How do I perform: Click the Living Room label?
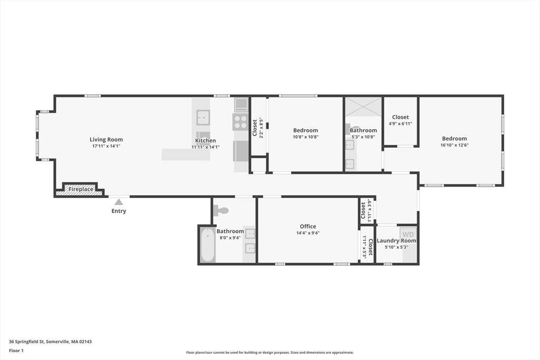(x=106, y=140)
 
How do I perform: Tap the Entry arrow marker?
(x=119, y=201)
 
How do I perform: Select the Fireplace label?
(x=81, y=189)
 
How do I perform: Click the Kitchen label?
(x=205, y=141)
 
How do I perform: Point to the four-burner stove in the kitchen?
(x=240, y=122)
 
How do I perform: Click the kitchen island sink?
(x=203, y=116)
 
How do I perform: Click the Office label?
(x=307, y=227)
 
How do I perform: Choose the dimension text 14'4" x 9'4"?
(x=307, y=233)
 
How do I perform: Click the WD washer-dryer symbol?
(x=408, y=234)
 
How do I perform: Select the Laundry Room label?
(x=396, y=241)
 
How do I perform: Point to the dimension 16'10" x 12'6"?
(x=454, y=145)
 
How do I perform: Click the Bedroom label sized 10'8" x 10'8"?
(x=305, y=130)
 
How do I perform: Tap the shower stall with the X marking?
(x=363, y=107)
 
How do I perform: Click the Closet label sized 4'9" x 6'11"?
(x=400, y=117)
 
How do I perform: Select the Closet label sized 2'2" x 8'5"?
(x=255, y=127)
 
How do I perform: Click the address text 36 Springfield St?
(x=50, y=341)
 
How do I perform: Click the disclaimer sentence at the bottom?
(x=269, y=353)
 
